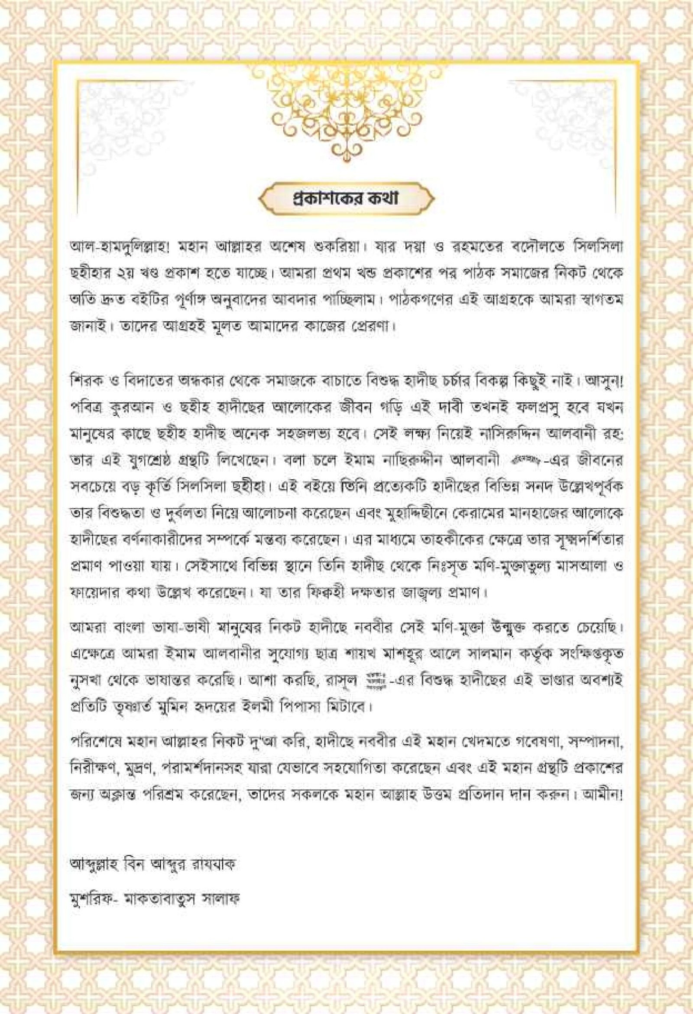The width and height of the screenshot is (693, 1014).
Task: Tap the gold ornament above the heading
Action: pos(346,109)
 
